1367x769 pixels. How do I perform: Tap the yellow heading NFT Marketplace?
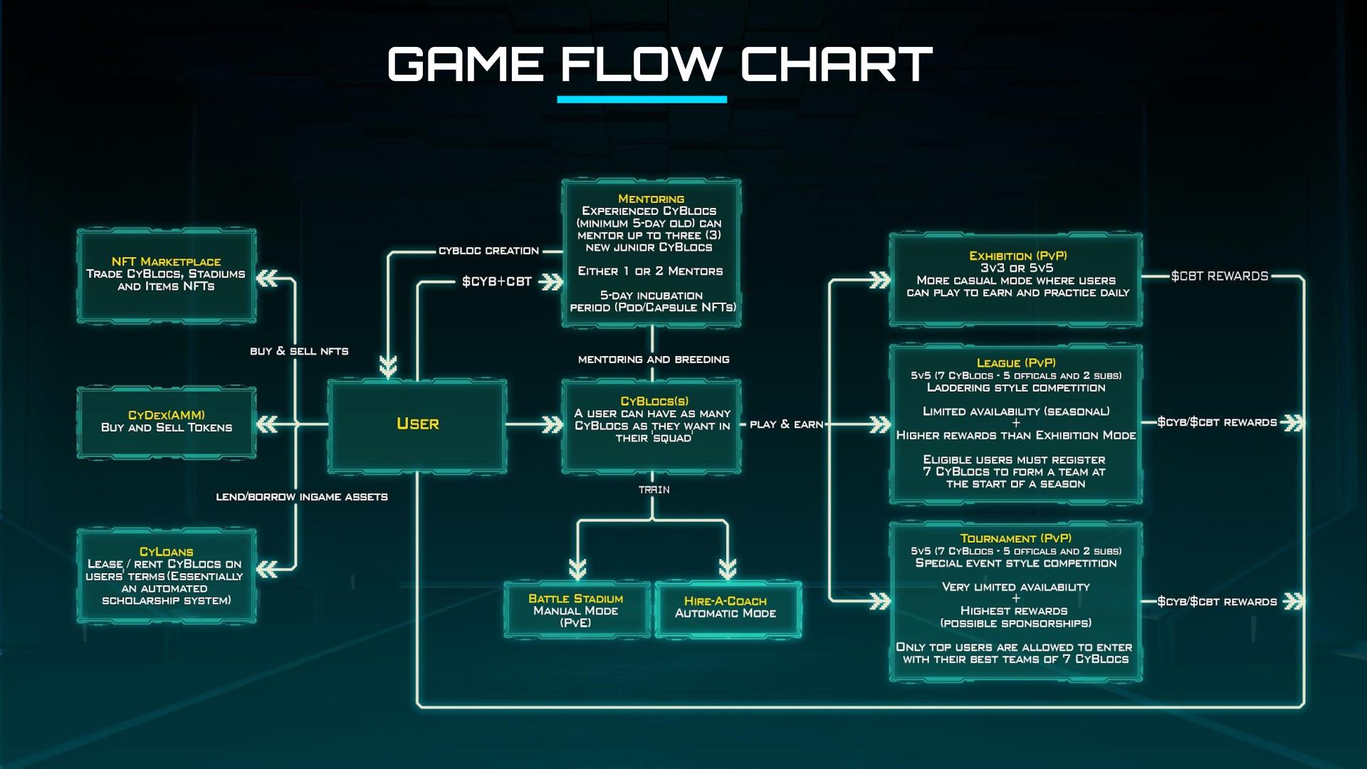point(166,261)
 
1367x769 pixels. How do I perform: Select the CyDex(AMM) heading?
point(166,415)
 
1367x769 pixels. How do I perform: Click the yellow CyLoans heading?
point(166,552)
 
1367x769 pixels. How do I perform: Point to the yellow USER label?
point(417,424)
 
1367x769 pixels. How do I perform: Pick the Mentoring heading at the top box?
point(651,199)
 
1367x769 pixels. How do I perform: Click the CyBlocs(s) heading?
point(654,401)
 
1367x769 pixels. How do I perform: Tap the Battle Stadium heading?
point(575,599)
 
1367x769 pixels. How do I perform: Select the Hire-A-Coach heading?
point(725,601)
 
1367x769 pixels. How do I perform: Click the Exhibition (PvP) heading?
point(1017,256)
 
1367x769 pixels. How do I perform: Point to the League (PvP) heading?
point(1016,362)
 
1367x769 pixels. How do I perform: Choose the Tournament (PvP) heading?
point(1015,538)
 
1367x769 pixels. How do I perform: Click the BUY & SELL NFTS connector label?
point(299,351)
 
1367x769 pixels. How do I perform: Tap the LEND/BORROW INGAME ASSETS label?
point(302,497)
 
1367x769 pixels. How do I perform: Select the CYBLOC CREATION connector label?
point(488,251)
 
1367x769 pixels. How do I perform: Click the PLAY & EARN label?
point(786,424)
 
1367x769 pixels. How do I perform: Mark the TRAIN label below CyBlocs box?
point(654,490)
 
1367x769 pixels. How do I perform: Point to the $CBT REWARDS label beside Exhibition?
point(1219,276)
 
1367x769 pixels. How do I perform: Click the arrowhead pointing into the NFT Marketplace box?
point(267,278)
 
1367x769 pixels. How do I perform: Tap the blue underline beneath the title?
point(641,100)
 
